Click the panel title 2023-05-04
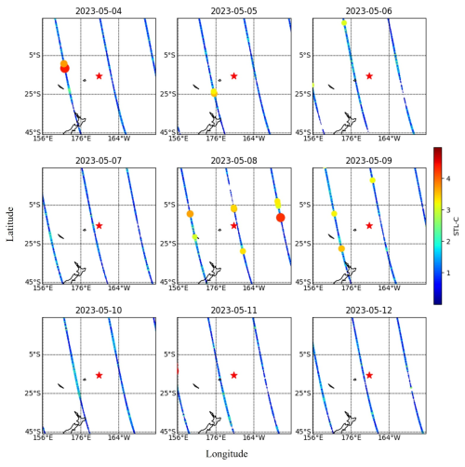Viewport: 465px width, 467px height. tap(99, 11)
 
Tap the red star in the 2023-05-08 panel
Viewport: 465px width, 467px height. tap(234, 226)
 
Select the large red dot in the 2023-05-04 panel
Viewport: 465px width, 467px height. tap(65, 69)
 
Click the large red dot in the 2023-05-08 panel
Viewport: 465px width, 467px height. tap(281, 218)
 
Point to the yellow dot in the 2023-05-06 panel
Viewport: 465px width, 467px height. tap(344, 23)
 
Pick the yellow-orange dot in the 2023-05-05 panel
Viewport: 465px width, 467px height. tap(214, 92)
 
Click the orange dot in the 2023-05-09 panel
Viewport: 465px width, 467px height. tap(341, 248)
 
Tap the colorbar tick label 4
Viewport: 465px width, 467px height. tap(448, 179)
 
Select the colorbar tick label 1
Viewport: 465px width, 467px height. tap(448, 273)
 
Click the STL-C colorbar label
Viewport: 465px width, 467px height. tap(457, 226)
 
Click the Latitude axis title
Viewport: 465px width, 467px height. tap(10, 224)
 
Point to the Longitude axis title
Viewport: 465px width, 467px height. tap(227, 454)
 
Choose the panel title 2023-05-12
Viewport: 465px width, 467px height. tap(369, 311)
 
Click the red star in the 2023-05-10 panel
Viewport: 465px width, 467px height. tap(99, 376)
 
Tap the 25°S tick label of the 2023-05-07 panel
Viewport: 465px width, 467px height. tap(33, 244)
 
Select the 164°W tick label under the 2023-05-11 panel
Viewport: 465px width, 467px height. tap(254, 437)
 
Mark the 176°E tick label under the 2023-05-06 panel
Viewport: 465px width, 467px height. tap(352, 139)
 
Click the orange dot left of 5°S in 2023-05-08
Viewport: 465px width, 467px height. tap(190, 214)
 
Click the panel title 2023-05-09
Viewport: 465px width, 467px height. tap(369, 161)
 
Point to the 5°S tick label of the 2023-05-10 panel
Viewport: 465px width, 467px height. tap(34, 354)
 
